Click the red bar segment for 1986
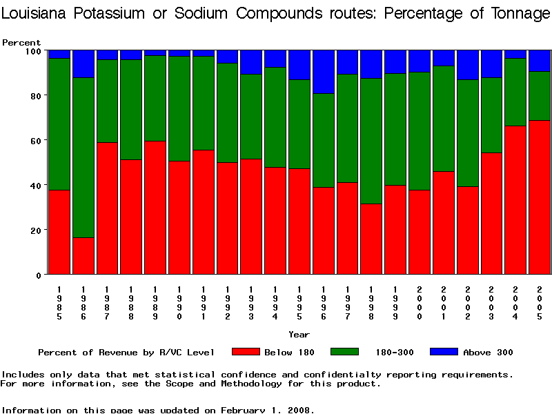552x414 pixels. (83, 256)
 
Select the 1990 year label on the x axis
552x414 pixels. (179, 302)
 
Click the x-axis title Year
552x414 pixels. (299, 335)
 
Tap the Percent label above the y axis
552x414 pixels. (21, 43)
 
